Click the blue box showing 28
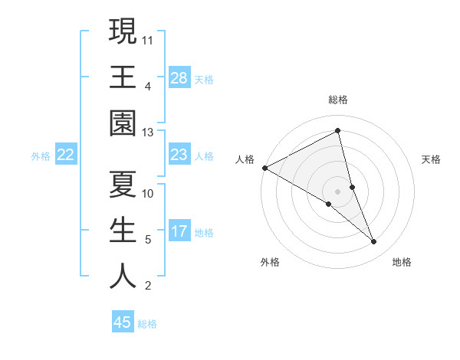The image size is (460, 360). click(179, 77)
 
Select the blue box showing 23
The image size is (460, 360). click(179, 155)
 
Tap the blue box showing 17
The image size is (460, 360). click(179, 232)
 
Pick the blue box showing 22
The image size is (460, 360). click(66, 155)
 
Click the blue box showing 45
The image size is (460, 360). click(123, 322)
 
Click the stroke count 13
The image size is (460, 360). click(148, 132)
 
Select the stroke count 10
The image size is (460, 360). click(148, 193)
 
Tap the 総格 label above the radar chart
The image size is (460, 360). click(338, 100)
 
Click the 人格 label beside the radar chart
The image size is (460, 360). click(245, 159)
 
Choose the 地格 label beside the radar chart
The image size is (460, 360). click(402, 262)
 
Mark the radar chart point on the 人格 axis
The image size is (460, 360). click(264, 168)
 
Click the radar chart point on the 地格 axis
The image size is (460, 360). click(374, 242)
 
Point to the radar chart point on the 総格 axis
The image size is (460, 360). click(338, 131)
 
